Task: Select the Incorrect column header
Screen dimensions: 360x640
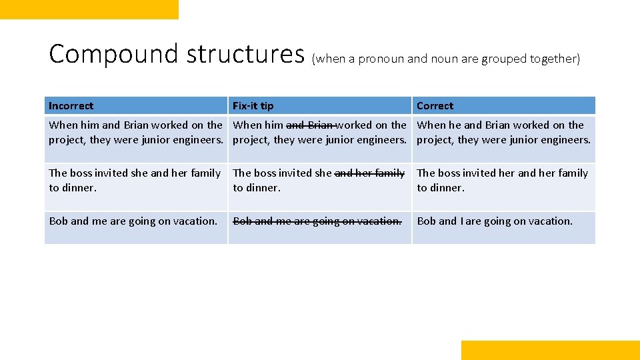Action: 71,106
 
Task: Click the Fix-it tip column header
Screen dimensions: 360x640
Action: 253,106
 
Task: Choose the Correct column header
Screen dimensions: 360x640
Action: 435,106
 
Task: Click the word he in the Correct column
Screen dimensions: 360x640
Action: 455,125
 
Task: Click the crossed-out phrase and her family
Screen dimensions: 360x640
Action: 369,173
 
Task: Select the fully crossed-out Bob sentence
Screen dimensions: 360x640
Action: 317,221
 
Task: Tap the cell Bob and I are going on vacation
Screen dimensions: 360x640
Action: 495,221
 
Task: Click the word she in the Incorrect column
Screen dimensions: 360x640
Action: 139,173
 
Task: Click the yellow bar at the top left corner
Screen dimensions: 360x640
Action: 89,9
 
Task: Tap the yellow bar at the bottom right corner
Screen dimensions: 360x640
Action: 550,350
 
